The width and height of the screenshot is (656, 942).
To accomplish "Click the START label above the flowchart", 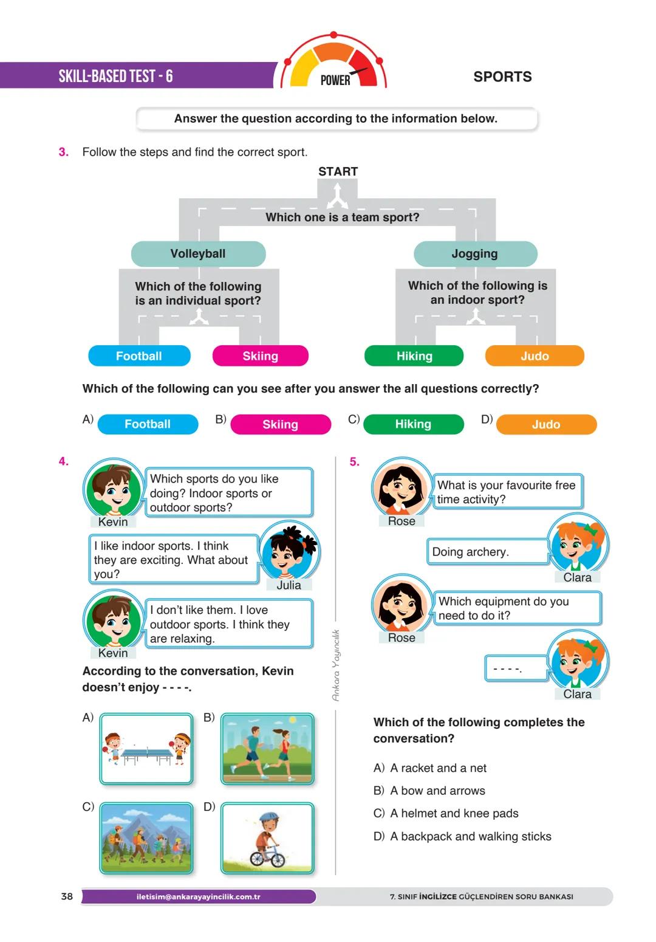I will (338, 171).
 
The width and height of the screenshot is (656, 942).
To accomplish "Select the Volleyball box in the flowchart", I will (198, 253).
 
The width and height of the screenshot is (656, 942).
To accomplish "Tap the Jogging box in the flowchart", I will (475, 253).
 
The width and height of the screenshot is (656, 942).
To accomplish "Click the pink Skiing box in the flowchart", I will (260, 356).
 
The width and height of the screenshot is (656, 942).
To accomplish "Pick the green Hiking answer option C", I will (413, 424).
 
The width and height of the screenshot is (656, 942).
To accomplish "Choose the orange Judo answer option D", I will (545, 424).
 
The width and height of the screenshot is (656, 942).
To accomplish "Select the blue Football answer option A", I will (148, 424).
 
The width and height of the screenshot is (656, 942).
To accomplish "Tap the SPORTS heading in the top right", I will (502, 77).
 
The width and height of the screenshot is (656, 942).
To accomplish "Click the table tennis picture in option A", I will (146, 749).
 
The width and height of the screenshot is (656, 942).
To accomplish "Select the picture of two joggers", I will (267, 749).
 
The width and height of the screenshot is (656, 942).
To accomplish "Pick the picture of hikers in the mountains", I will (146, 838).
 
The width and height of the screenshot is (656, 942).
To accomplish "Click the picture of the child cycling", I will (267, 838).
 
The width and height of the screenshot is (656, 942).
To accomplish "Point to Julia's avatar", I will (290, 551).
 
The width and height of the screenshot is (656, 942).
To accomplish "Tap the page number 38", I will (67, 896).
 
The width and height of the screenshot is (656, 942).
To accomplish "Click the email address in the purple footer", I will (198, 896).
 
